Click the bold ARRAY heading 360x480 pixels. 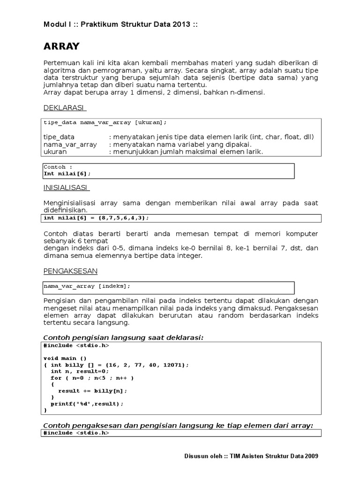coord(61,46)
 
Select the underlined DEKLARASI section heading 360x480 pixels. coord(64,108)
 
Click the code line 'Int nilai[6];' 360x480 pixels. coord(67,173)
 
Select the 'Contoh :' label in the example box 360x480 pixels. coord(58,167)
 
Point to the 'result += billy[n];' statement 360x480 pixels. coord(92,390)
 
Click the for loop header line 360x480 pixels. coord(92,378)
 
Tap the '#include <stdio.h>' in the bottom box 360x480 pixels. coord(76,434)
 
